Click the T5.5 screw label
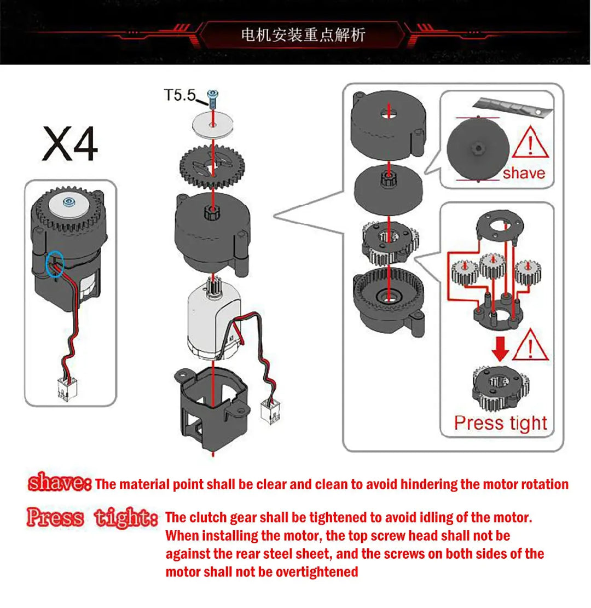179,95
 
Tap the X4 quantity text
70,144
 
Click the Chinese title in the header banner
303,35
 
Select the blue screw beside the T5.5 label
212,99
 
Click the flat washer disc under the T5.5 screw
213,124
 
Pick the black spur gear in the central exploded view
212,167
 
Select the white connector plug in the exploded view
271,412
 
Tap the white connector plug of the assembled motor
67,389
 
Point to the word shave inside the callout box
524,173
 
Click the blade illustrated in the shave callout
512,106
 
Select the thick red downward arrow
500,349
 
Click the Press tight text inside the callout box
501,423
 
